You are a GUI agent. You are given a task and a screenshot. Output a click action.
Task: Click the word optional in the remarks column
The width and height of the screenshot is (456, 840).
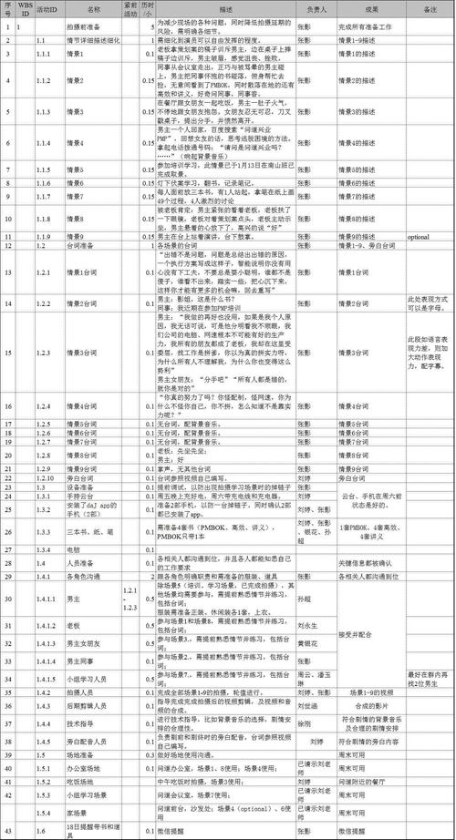pyautogui.click(x=418, y=237)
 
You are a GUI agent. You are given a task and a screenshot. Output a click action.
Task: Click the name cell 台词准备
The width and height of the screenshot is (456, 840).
pyautogui.click(x=81, y=246)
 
